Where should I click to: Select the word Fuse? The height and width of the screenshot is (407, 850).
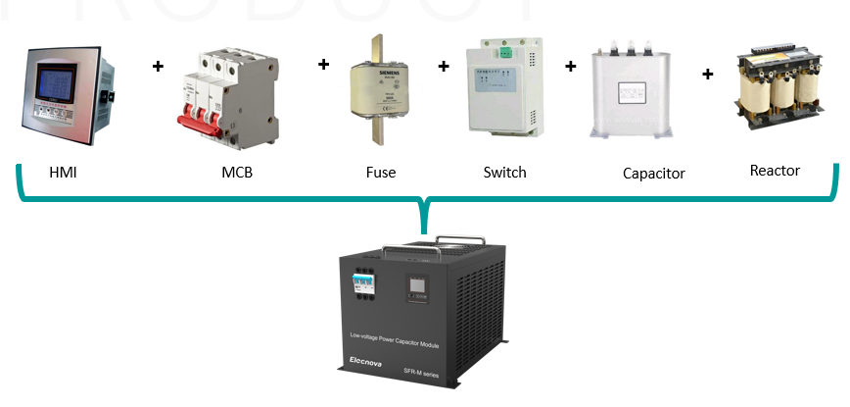(380, 173)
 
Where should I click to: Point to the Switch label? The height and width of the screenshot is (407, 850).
(504, 173)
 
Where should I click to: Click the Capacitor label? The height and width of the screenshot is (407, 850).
(653, 174)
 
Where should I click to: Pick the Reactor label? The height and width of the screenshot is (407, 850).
(775, 171)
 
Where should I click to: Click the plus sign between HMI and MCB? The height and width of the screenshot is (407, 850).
(158, 67)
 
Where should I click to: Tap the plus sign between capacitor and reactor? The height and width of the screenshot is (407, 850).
(707, 74)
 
